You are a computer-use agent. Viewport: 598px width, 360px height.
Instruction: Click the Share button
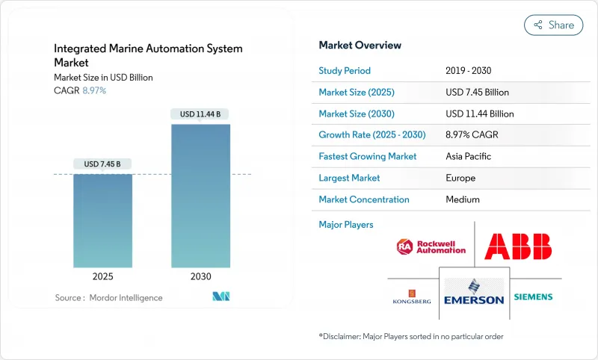click(553, 25)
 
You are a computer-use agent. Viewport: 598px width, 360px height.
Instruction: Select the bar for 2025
click(103, 220)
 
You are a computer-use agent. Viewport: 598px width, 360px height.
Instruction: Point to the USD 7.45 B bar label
click(103, 164)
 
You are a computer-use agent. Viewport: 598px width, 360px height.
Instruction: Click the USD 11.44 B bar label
click(200, 114)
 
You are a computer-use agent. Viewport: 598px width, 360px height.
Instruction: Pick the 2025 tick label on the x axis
click(103, 276)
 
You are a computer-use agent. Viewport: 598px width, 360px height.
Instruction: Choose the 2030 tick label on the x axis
click(200, 276)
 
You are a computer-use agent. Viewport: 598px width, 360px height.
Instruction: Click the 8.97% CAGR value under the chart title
click(93, 90)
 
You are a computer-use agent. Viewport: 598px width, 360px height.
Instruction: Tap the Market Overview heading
click(360, 46)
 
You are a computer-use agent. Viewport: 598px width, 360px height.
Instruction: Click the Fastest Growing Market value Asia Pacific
click(469, 157)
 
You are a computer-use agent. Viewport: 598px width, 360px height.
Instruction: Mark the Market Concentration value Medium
click(463, 199)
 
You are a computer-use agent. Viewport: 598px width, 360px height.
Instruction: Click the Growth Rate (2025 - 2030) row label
click(372, 135)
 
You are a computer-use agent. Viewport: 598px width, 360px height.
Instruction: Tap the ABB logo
click(517, 246)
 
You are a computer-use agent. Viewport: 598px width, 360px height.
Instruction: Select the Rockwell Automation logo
click(431, 246)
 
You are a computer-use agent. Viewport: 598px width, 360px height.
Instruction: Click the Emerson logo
click(474, 291)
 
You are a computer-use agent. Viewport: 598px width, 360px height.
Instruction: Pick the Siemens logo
click(533, 297)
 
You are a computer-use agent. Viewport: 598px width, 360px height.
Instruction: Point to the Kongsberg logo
click(412, 297)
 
